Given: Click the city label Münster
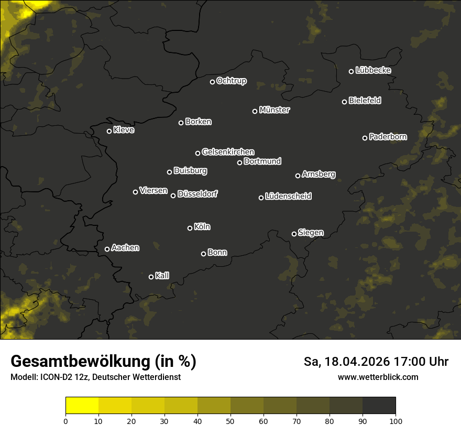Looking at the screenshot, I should click(x=275, y=110).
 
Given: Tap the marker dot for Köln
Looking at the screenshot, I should click(x=190, y=228).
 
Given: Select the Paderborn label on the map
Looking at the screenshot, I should click(x=388, y=137).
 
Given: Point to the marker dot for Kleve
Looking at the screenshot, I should click(x=109, y=131).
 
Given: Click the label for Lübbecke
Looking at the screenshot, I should click(x=373, y=70).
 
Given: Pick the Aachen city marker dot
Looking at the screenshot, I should click(x=107, y=249).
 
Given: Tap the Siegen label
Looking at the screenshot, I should click(x=311, y=233).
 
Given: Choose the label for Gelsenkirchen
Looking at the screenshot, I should click(x=228, y=152).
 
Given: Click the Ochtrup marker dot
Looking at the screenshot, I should click(x=212, y=82).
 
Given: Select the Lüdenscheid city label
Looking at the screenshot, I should click(x=288, y=197).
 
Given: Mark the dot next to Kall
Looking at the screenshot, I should click(x=151, y=277).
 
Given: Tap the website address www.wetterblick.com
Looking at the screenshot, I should click(x=378, y=377).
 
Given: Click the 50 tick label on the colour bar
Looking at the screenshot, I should click(x=230, y=421).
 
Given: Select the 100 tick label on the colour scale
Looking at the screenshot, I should click(x=396, y=421).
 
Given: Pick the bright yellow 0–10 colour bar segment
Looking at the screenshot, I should click(x=82, y=406).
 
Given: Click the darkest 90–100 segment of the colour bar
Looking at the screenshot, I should click(x=379, y=406).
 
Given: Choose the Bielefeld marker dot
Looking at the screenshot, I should click(x=344, y=102).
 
